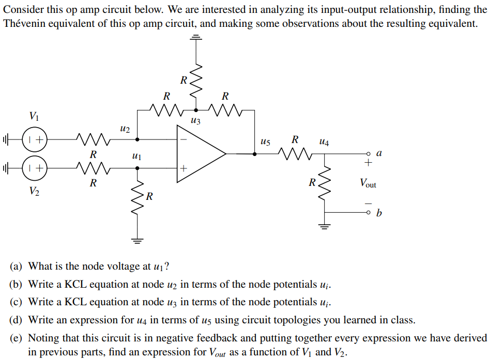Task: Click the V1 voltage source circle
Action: click(x=35, y=139)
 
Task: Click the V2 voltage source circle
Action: click(x=35, y=168)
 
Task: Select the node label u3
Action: click(x=195, y=121)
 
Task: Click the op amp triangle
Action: click(x=199, y=153)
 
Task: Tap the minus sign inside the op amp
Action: click(x=183, y=139)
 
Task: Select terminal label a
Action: click(x=379, y=153)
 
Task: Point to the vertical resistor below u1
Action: click(x=138, y=197)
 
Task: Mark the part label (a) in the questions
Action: click(x=17, y=267)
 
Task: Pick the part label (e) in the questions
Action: click(x=17, y=338)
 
